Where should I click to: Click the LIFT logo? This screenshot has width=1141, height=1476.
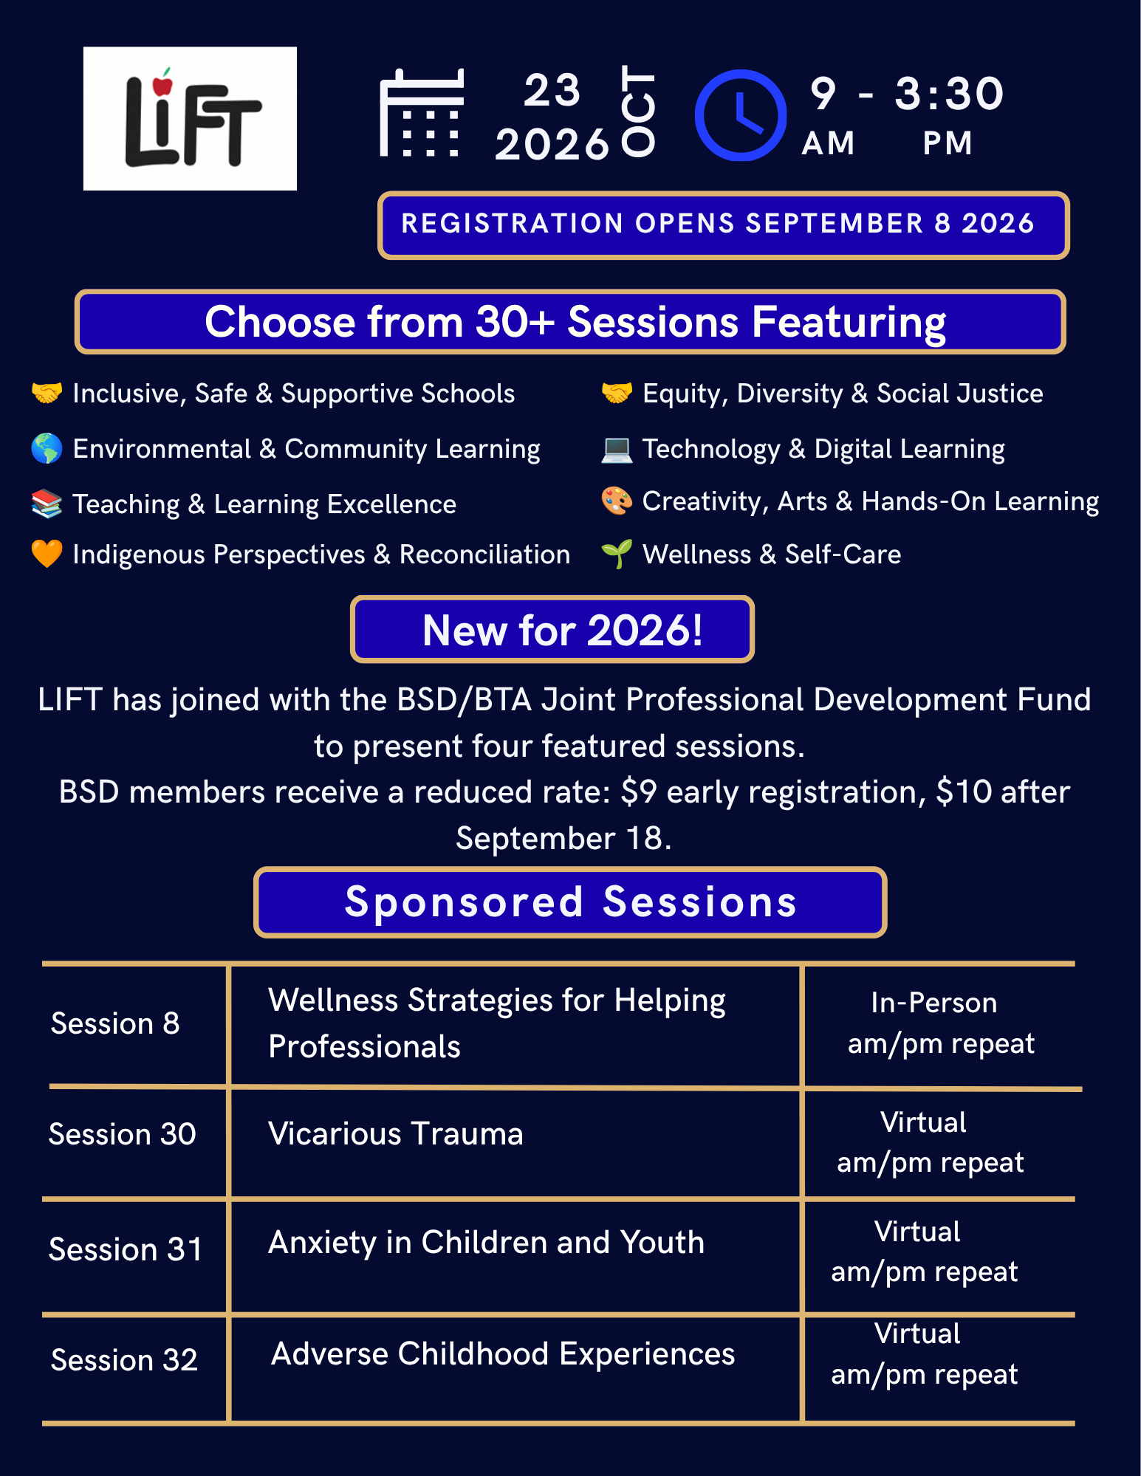(x=190, y=119)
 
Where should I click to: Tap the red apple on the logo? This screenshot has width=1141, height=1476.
(x=162, y=83)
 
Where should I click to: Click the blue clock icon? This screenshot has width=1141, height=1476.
(x=741, y=115)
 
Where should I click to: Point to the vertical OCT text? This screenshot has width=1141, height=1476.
(x=638, y=111)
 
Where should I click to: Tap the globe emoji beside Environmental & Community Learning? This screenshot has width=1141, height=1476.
(x=47, y=448)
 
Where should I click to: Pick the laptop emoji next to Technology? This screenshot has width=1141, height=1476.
(x=617, y=449)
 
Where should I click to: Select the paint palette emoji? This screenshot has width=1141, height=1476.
(x=617, y=501)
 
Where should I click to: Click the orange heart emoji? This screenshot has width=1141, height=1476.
(x=47, y=554)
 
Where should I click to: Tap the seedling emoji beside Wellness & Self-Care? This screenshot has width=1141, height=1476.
(x=617, y=554)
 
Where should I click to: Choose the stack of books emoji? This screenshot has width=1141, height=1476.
(x=47, y=504)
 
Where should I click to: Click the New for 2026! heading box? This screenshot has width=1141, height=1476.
(x=552, y=629)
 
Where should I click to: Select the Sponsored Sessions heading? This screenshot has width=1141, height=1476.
(x=570, y=902)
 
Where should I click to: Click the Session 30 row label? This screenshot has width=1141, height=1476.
(x=123, y=1134)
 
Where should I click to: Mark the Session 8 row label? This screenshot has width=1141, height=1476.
(x=115, y=1023)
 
